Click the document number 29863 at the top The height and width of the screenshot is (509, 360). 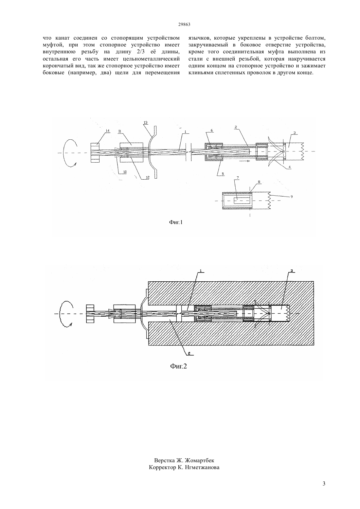pos(184,25)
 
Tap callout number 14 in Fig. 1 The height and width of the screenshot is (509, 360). pos(108,131)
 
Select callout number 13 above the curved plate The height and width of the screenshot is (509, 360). pos(145,122)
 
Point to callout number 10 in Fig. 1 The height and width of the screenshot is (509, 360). pos(125,172)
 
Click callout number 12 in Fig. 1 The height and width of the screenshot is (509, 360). pos(148,178)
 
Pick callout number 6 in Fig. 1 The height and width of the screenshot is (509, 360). pos(212,130)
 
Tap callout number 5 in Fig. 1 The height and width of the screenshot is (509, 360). pos(223,174)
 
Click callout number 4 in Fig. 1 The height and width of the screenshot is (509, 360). pos(290,167)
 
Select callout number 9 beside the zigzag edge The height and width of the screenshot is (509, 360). pos(292,197)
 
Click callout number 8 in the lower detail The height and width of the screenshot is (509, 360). pos(259,182)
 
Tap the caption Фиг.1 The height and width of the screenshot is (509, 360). pos(176,222)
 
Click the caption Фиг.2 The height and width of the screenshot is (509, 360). pos(178,366)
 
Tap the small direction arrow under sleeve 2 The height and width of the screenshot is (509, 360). pos(243,161)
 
